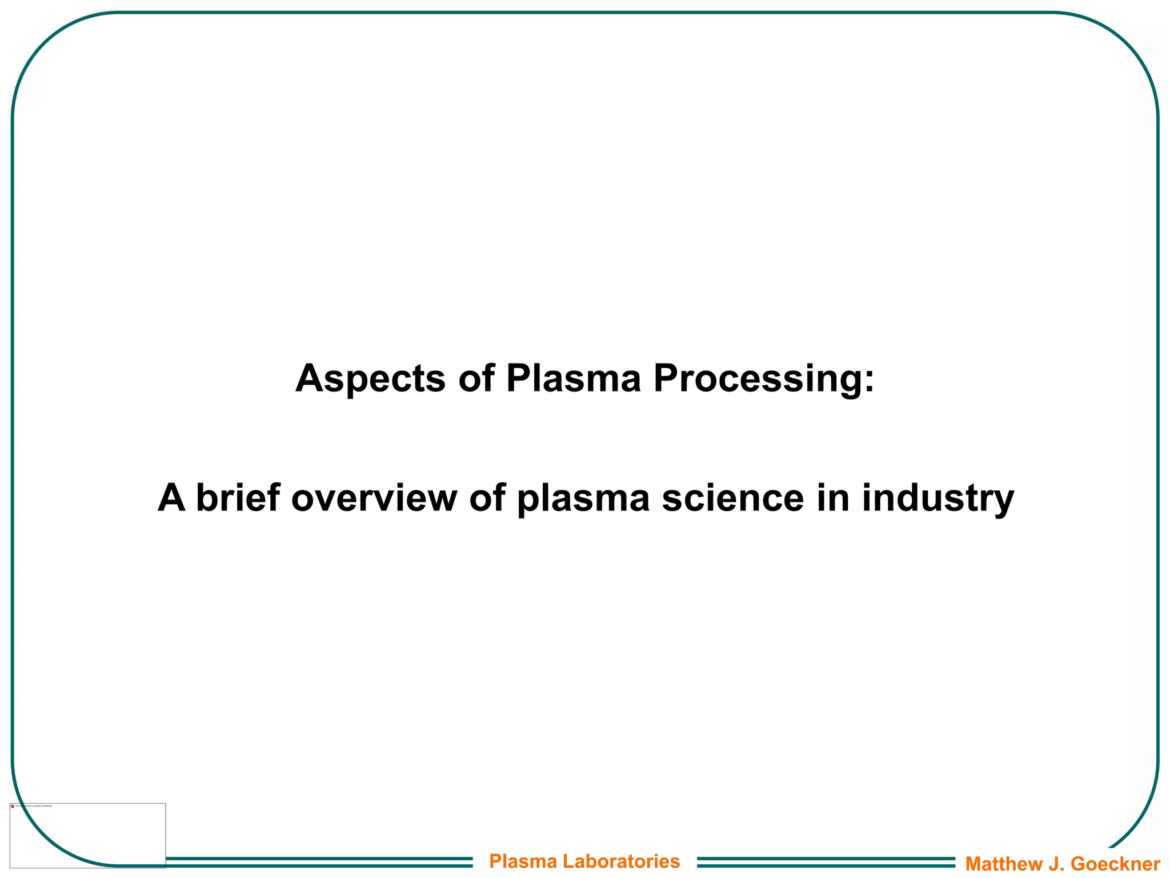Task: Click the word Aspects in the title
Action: tap(370, 379)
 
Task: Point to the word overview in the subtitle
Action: tap(374, 498)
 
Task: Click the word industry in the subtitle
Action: tap(937, 498)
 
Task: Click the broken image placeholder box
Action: tap(87, 835)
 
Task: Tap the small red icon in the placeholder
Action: tap(13, 807)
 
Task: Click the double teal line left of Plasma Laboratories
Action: tap(319, 862)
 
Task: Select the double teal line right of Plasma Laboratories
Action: tap(826, 862)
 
